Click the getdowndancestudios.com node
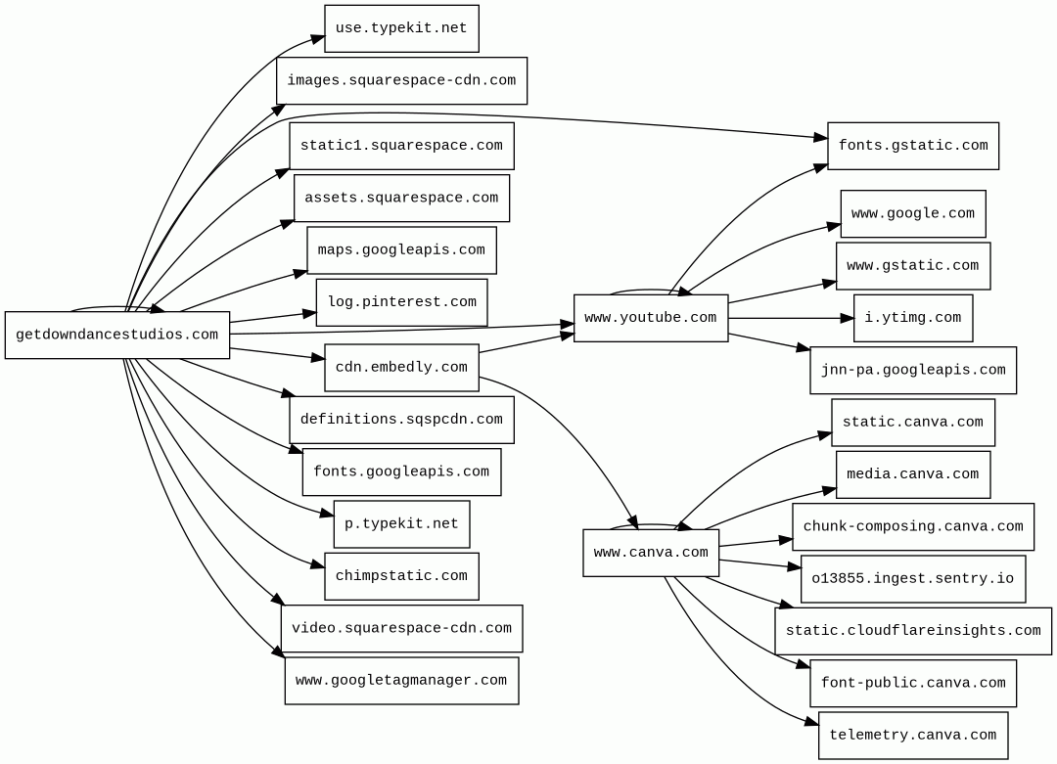(x=117, y=336)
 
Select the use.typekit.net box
(x=401, y=28)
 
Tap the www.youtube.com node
(x=651, y=318)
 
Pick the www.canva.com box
(x=651, y=553)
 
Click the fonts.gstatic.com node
(x=913, y=146)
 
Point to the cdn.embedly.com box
(x=401, y=368)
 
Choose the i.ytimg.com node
(x=913, y=318)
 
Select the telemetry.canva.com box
(x=913, y=736)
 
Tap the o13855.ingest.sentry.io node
(x=913, y=579)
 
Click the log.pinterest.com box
(x=401, y=302)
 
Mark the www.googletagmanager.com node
(x=401, y=681)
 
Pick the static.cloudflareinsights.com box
(x=913, y=631)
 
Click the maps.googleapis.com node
(x=401, y=250)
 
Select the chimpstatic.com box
(x=401, y=576)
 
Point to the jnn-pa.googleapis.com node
(x=913, y=371)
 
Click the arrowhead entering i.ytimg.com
(x=848, y=318)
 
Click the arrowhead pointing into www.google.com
(x=834, y=226)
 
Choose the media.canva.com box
(x=913, y=474)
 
